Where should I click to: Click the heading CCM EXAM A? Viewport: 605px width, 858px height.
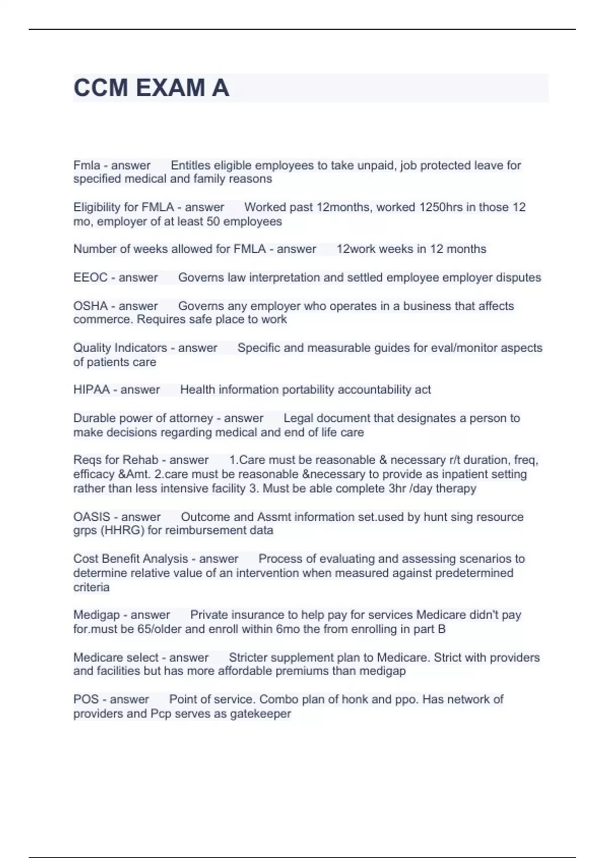pyautogui.click(x=151, y=88)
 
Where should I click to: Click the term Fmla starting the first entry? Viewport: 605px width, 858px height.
pyautogui.click(x=86, y=166)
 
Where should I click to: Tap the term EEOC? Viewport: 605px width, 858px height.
pyautogui.click(x=90, y=278)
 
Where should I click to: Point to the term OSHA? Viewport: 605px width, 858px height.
pyautogui.click(x=90, y=306)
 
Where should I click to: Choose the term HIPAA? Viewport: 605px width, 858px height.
pyautogui.click(x=91, y=390)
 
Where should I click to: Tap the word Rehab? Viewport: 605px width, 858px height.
pyautogui.click(x=143, y=460)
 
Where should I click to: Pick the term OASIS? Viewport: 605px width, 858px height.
pyautogui.click(x=91, y=517)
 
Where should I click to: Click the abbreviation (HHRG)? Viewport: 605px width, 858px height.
pyautogui.click(x=124, y=530)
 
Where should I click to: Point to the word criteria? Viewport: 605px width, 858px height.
pyautogui.click(x=91, y=587)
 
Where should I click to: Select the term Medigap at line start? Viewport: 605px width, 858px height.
pyautogui.click(x=96, y=615)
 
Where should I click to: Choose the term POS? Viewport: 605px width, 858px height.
pyautogui.click(x=85, y=700)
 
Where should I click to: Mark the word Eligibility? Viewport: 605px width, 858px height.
pyautogui.click(x=99, y=207)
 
